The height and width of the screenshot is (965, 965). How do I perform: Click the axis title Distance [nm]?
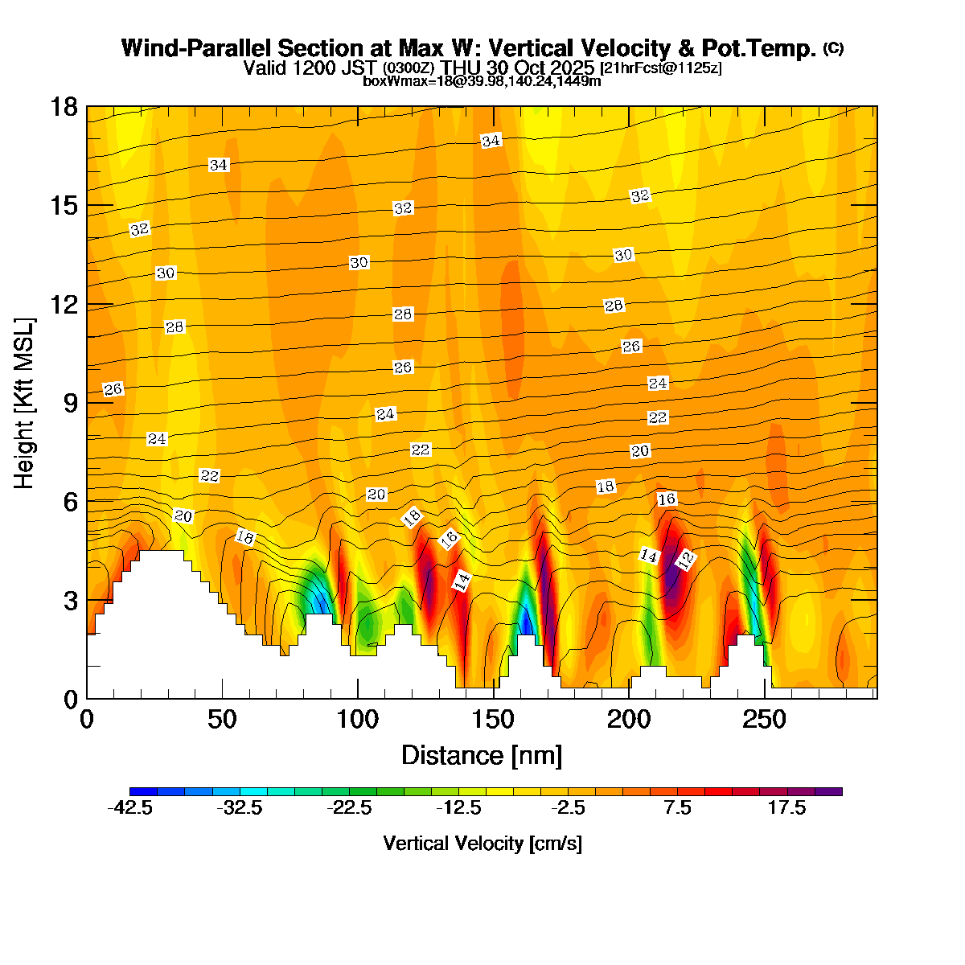tap(481, 756)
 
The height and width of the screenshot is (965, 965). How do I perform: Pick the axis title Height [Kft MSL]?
tap(25, 402)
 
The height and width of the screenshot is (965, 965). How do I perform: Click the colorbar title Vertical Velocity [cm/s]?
tap(482, 844)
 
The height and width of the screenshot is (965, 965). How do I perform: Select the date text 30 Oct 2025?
tap(547, 68)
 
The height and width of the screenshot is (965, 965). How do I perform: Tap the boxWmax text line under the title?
tap(482, 81)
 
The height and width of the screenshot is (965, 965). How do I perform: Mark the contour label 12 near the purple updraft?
tap(685, 561)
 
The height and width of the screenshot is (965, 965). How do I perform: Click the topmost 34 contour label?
tap(491, 141)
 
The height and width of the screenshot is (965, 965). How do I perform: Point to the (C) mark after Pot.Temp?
tap(833, 47)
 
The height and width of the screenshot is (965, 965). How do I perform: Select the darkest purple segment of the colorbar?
tap(828, 792)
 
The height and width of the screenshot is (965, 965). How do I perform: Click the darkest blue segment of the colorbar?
tap(143, 792)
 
